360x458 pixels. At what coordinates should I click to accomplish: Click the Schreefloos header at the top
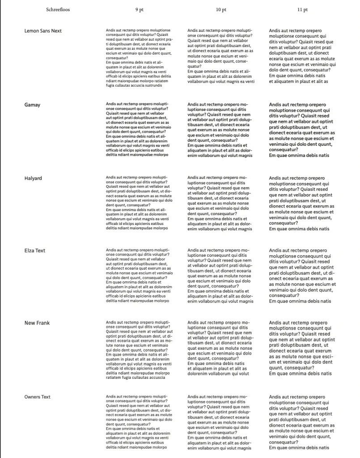point(58,9)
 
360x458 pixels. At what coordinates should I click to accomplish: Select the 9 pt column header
point(139,9)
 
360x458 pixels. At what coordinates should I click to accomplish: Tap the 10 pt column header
point(221,9)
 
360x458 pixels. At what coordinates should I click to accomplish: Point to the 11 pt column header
point(303,9)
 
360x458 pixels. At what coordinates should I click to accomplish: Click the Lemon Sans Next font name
point(43,31)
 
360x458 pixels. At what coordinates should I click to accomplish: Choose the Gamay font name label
point(32,105)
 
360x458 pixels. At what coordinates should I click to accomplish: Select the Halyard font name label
point(33,178)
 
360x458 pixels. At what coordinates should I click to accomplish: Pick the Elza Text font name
point(35,250)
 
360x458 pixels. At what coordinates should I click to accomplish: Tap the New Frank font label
point(37,323)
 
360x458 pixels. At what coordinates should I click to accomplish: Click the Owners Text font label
point(38,397)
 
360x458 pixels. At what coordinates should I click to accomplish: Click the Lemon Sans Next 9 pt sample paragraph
point(138,57)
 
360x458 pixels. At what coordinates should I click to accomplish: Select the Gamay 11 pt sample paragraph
point(302,130)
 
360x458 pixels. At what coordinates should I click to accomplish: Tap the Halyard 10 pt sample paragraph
point(220,203)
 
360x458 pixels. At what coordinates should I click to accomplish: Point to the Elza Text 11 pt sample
point(302,276)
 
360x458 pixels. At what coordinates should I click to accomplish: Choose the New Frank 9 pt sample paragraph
point(138,350)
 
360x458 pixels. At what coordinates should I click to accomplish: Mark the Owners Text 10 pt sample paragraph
point(220,422)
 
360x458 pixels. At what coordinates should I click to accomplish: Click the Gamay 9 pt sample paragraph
point(138,130)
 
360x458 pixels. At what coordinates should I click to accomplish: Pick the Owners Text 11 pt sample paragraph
point(302,422)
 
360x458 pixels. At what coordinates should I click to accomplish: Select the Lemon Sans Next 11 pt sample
point(302,56)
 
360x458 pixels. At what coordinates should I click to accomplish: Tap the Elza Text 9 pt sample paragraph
point(138,276)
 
